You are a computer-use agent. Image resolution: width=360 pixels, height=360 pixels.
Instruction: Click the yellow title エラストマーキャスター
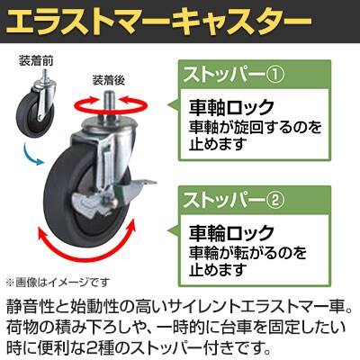pos(158,22)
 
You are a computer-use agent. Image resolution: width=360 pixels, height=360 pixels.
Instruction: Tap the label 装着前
pos(36,61)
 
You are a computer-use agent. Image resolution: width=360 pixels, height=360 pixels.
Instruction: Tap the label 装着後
pos(109,80)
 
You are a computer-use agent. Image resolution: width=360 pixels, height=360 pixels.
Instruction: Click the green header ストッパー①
pos(234,75)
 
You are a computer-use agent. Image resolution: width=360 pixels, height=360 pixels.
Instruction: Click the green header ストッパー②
pos(234,200)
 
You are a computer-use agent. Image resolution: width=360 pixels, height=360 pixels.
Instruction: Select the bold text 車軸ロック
pos(231,108)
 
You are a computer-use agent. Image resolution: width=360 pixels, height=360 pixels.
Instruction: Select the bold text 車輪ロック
pos(231,233)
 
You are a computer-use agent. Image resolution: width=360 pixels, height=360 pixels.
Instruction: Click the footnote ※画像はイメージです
pos(58,282)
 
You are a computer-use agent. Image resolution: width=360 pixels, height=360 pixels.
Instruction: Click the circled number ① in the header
pos(275,75)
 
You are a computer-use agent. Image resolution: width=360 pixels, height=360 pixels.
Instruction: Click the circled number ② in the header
pos(275,201)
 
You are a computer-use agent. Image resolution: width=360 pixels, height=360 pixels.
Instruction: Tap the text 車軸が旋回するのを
pos(255,127)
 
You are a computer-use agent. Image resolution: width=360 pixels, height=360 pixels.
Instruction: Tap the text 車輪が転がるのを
pos(247,253)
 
